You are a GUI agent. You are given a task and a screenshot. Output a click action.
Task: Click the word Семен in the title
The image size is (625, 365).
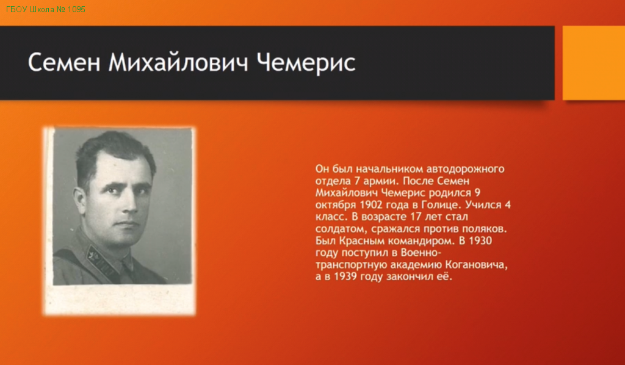tap(63, 62)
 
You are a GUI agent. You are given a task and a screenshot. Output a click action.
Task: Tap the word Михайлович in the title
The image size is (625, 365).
tap(178, 62)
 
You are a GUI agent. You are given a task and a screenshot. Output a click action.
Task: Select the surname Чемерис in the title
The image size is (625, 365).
tap(306, 63)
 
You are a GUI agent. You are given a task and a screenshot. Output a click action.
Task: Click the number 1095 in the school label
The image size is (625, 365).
tap(76, 9)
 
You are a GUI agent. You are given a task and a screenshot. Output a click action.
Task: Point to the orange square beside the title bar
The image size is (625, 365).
tap(594, 63)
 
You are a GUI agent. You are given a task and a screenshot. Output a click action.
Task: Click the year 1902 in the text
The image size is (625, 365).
tap(370, 205)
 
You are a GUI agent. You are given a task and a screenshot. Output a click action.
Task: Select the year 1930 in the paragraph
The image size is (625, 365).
tap(480, 240)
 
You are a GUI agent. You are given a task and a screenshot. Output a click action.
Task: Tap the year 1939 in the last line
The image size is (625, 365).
tap(345, 276)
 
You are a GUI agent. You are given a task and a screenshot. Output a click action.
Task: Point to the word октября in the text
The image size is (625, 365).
tap(336, 205)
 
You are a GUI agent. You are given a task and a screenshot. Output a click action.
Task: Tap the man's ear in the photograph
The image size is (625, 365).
tap(79, 199)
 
